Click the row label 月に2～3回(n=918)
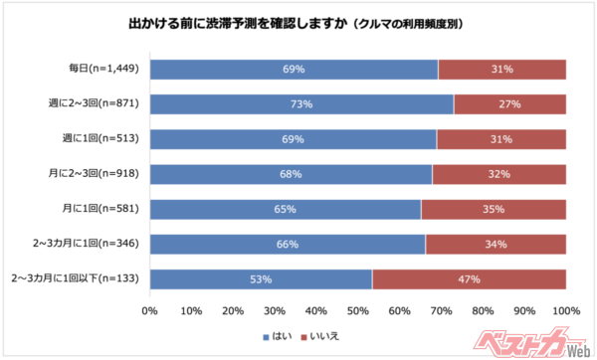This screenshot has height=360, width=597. click(x=99, y=174)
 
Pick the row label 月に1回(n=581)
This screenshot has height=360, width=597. click(x=106, y=209)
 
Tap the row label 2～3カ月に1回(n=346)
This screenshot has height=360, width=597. click(x=95, y=245)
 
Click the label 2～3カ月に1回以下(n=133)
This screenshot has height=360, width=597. click(x=78, y=279)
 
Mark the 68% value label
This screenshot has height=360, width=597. click(x=292, y=174)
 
